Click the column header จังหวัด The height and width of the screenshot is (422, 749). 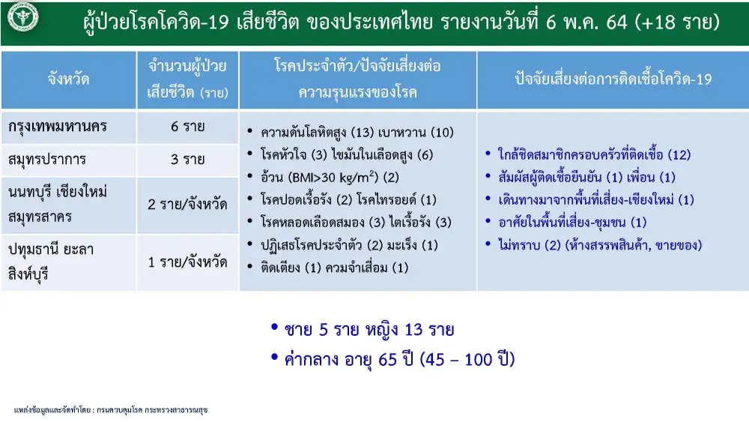coord(68,79)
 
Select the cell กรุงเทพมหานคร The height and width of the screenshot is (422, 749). coord(58,127)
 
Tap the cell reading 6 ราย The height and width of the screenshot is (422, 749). coord(188,127)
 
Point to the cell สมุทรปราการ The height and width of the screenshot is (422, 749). coord(46,160)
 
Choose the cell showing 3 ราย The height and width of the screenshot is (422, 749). coord(188,159)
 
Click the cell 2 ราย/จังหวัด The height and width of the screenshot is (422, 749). coord(187,205)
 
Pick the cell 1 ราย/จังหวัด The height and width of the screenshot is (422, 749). coord(187,262)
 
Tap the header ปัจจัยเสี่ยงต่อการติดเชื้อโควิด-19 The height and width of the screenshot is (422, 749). coord(613,79)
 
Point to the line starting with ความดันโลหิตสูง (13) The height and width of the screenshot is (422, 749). coord(357,132)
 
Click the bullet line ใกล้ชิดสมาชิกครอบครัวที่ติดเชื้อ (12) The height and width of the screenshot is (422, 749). coord(594,154)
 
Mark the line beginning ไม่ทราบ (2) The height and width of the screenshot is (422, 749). coord(599,245)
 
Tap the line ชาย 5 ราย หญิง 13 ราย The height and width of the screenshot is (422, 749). coord(369,329)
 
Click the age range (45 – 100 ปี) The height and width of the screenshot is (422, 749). coord(467,359)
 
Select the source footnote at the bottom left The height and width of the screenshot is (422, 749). coord(111,410)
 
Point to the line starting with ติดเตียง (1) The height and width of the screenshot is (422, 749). coord(334,268)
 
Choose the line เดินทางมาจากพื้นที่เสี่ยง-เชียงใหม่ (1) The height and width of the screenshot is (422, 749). coord(596,200)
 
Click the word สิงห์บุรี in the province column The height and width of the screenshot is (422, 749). coord(28,274)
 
